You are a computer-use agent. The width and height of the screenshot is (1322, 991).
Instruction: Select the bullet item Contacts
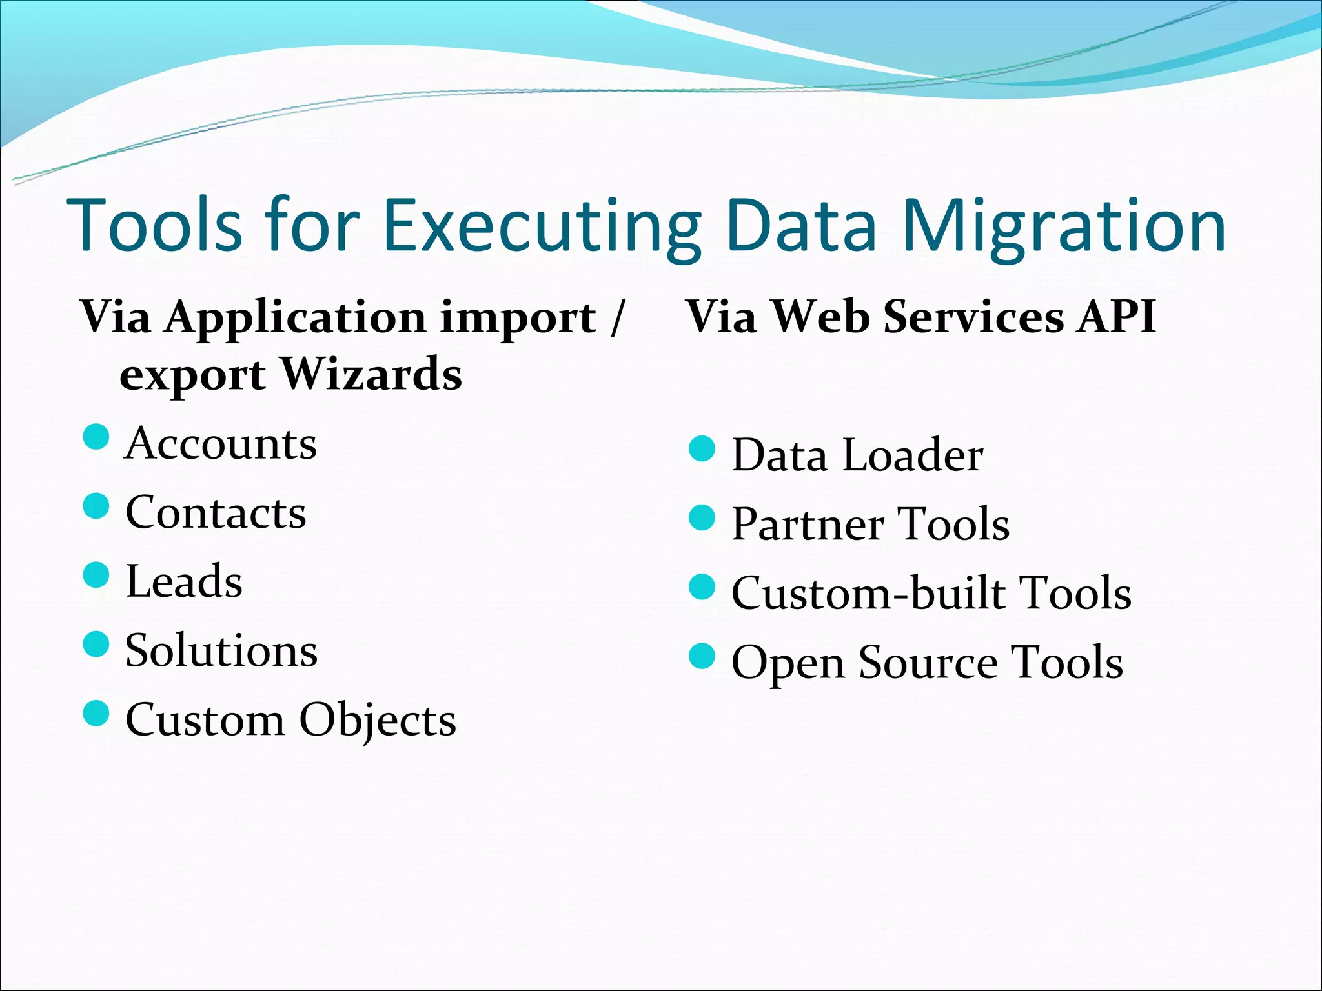216,513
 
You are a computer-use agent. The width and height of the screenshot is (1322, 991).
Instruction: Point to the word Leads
184,581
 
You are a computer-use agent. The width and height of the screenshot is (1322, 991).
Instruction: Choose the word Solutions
221,650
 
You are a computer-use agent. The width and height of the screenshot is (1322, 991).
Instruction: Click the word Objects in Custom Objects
378,720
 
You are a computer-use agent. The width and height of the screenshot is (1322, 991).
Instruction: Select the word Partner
807,525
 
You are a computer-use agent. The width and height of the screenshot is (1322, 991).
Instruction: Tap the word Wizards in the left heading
371,374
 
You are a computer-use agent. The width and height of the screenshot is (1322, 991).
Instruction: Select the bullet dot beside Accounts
96,437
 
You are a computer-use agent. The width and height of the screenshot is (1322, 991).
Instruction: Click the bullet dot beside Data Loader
702,449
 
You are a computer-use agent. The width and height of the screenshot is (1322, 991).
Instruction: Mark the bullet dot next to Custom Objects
96,714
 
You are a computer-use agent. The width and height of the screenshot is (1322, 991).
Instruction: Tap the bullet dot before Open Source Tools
702,656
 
